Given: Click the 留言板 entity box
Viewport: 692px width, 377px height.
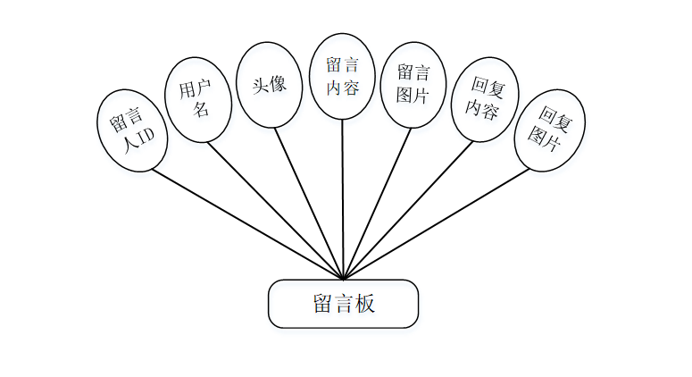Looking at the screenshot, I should tap(344, 304).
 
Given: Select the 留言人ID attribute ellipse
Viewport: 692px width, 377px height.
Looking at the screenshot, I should tap(132, 130).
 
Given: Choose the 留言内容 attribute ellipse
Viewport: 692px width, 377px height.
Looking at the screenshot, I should tap(343, 76).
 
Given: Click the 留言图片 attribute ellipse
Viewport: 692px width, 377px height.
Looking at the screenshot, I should tap(413, 84).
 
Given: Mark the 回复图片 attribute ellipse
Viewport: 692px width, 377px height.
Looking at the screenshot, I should tap(550, 128).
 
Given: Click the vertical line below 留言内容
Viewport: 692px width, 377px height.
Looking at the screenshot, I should tap(343, 197).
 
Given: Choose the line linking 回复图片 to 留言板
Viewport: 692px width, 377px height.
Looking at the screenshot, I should tap(438, 223).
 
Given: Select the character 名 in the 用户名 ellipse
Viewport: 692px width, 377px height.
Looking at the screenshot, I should tap(202, 110).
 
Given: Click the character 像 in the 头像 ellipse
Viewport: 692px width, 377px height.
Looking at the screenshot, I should tap(278, 84).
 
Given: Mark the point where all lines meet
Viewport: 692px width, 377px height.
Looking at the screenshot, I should tap(344, 278).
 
